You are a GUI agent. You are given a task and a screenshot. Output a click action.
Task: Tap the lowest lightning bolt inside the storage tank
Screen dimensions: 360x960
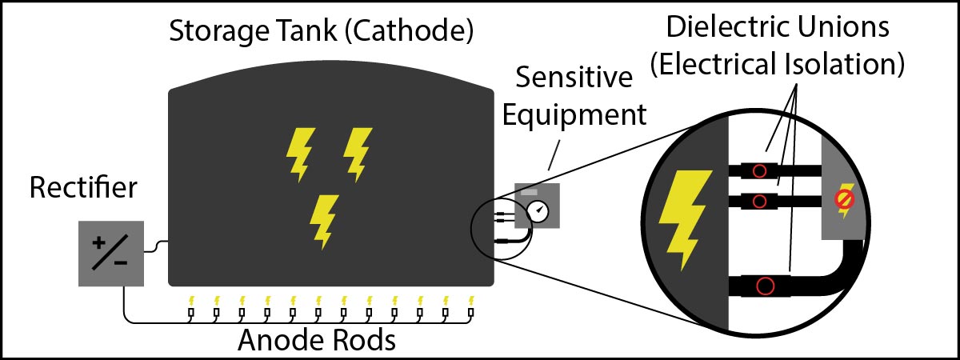[x=325, y=220]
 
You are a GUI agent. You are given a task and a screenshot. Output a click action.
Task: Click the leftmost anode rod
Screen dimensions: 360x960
[x=190, y=310]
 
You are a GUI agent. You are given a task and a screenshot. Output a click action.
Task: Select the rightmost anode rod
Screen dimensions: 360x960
[x=470, y=310]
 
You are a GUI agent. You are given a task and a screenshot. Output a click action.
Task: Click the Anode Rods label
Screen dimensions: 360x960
[x=317, y=341]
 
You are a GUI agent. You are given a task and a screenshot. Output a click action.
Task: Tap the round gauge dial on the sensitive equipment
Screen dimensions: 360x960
[x=539, y=211]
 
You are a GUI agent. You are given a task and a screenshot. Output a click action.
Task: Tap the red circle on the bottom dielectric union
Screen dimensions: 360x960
[x=766, y=286]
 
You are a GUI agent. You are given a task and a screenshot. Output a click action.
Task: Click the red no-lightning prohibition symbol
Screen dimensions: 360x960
[x=843, y=199]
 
